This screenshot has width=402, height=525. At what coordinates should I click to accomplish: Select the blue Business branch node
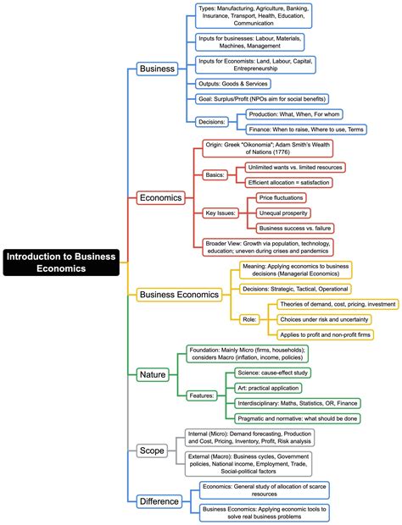tap(157, 69)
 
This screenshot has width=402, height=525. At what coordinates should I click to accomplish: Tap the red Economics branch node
tap(160, 197)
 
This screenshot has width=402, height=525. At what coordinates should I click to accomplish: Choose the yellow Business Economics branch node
tap(179, 295)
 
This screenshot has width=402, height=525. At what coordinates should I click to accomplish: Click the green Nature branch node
tap(152, 373)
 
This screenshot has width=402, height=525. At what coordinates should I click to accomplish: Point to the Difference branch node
tap(159, 500)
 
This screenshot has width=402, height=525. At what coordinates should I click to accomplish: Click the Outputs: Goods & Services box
tap(232, 83)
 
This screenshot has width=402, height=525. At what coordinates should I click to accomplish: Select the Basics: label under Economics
tap(215, 174)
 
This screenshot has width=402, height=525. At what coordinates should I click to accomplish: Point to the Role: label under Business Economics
tap(249, 318)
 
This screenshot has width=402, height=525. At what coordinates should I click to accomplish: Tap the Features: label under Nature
tap(203, 395)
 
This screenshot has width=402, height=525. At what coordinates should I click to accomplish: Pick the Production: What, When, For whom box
tap(302, 113)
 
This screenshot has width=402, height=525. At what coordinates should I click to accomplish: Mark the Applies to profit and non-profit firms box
tap(325, 334)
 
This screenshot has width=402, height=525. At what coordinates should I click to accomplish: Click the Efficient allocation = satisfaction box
tap(296, 182)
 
